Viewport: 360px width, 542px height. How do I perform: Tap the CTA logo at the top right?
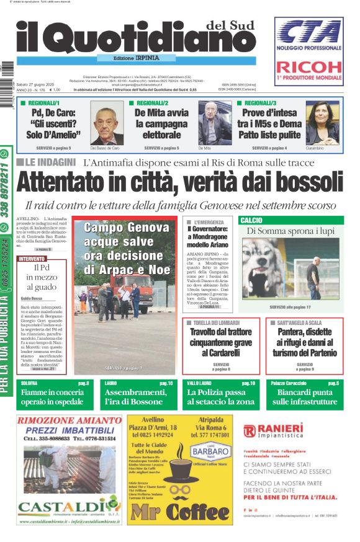(x=308, y=32)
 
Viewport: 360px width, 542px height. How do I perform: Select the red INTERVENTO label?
(x=32, y=258)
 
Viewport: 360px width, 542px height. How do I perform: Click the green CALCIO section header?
(x=251, y=220)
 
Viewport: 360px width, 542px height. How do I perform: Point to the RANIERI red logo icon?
(x=249, y=431)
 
